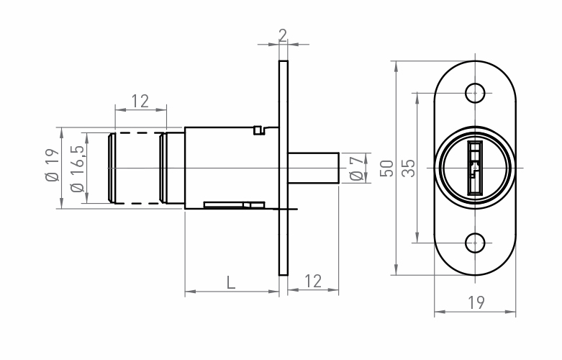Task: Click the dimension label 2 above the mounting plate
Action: pyautogui.click(x=282, y=35)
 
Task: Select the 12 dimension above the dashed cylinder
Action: pyautogui.click(x=140, y=102)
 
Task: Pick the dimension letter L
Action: pyautogui.click(x=230, y=282)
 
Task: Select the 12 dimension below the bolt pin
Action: pyautogui.click(x=313, y=282)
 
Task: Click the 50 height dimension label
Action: pyautogui.click(x=386, y=168)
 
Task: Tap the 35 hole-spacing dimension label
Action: pyautogui.click(x=408, y=168)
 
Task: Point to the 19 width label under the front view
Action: pyautogui.click(x=475, y=302)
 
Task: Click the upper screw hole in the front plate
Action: pyautogui.click(x=474, y=92)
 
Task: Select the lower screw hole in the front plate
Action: pyautogui.click(x=474, y=243)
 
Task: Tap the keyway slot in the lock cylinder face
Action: pyautogui.click(x=474, y=168)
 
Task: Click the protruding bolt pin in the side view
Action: pyautogui.click(x=314, y=167)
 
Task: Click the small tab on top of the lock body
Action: pyautogui.click(x=260, y=130)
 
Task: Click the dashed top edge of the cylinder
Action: pyautogui.click(x=137, y=134)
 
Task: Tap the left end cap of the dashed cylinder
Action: pyautogui.click(x=111, y=168)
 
